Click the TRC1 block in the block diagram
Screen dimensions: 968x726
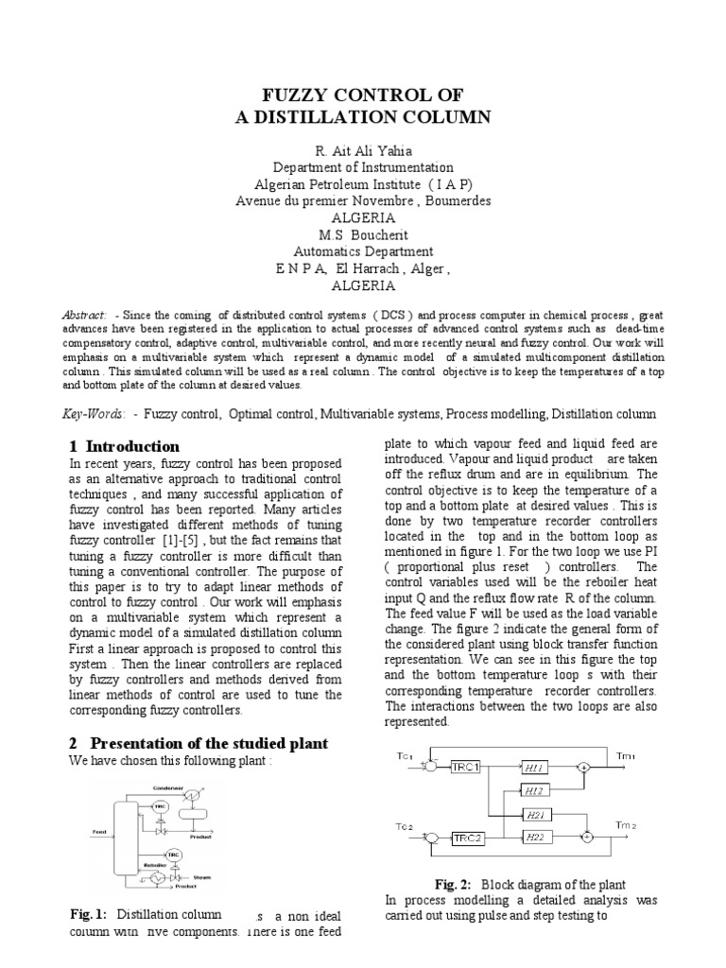pos(467,767)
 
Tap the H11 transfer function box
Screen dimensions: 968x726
pos(537,767)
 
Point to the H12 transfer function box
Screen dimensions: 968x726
pos(537,790)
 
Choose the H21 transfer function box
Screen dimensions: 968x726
pos(537,814)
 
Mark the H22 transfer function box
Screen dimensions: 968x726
pos(537,837)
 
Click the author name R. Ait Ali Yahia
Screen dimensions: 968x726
pos(362,150)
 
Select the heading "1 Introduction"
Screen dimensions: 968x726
pos(124,446)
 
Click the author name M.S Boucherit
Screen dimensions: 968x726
pos(363,235)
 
